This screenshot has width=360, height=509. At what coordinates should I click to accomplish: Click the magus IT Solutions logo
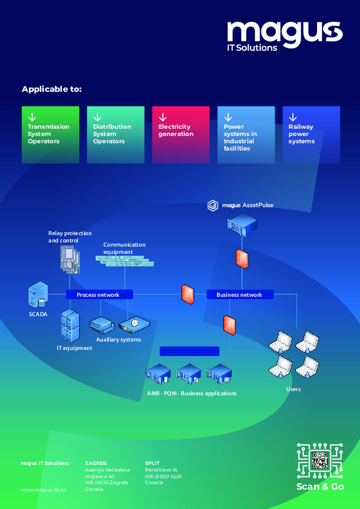284,36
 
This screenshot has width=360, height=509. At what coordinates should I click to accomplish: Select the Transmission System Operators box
50,135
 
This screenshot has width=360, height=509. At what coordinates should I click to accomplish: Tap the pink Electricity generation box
181,135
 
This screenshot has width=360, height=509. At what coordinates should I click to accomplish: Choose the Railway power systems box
311,135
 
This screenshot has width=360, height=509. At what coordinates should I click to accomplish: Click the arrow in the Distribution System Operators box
97,117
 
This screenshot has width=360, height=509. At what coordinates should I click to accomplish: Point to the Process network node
99,294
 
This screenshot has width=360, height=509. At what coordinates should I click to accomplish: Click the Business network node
240,294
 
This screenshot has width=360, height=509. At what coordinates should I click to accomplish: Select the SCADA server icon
38,294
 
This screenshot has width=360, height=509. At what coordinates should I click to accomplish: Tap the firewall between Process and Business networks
188,294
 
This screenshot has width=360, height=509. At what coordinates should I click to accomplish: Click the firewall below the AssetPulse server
242,259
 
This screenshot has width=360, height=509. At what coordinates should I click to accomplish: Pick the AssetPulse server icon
242,224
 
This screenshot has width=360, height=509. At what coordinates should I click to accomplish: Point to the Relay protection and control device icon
70,260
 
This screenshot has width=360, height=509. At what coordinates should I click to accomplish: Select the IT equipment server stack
70,325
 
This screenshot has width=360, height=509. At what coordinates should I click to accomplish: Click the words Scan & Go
320,486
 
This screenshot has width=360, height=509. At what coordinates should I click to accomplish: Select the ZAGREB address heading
96,463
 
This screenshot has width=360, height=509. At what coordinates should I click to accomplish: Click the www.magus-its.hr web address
43,490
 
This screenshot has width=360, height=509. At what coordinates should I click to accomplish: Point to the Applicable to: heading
51,89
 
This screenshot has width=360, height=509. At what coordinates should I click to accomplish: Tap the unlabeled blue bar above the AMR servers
190,351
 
